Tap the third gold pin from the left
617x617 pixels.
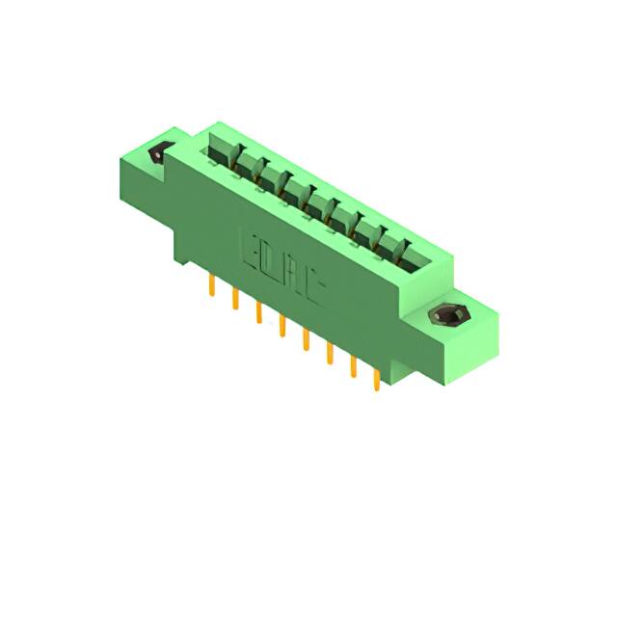tap(257, 313)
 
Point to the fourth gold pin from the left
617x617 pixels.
tap(282, 327)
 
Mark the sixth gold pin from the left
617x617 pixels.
tap(330, 354)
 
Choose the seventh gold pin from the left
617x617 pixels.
tap(353, 367)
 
